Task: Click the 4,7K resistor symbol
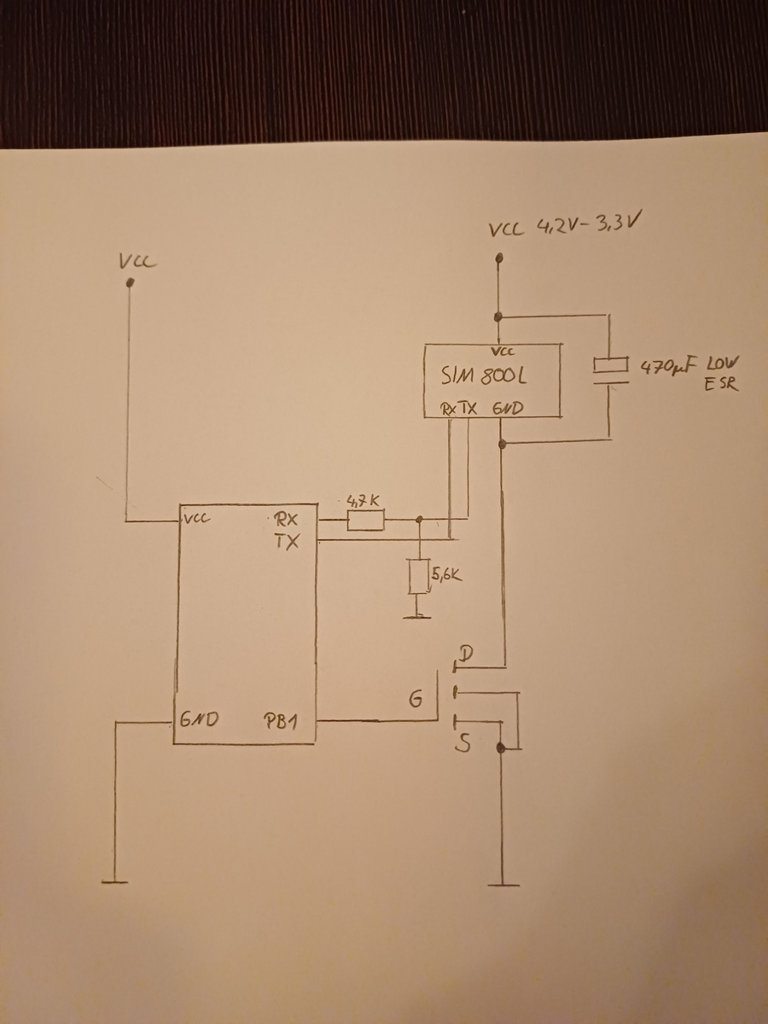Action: [x=365, y=520]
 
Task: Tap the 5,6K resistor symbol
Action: [x=418, y=577]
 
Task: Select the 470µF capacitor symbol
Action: [x=611, y=373]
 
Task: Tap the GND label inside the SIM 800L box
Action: [x=507, y=409]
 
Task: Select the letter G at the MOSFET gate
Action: [x=415, y=699]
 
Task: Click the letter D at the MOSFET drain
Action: [x=465, y=655]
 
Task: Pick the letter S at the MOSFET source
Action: [x=463, y=745]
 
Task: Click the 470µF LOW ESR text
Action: [x=690, y=374]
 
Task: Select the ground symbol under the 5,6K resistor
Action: [x=417, y=614]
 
